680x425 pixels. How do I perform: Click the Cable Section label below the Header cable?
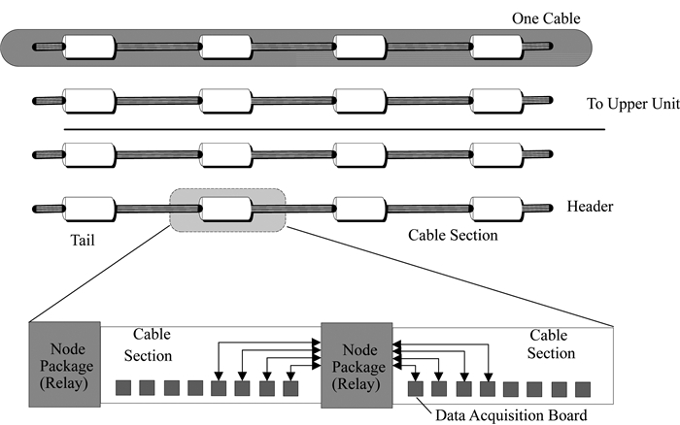pos(453,235)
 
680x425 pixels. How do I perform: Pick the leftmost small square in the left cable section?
pos(123,388)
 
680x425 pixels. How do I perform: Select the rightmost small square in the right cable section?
pos(583,388)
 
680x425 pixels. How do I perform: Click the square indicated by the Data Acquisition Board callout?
pos(416,388)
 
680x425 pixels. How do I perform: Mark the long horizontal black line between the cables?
pos(335,128)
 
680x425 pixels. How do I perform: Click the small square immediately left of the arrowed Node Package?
pos(290,388)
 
